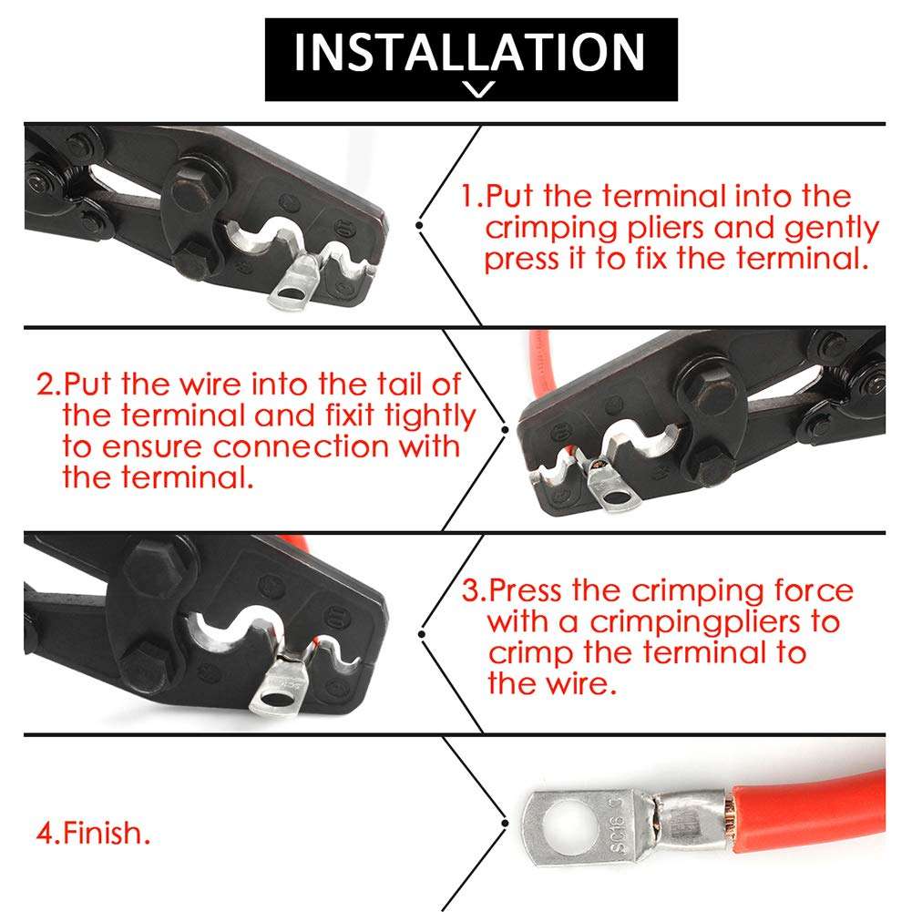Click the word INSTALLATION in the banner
(x=469, y=52)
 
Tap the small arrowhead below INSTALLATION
(x=478, y=89)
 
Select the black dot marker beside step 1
(x=419, y=223)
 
